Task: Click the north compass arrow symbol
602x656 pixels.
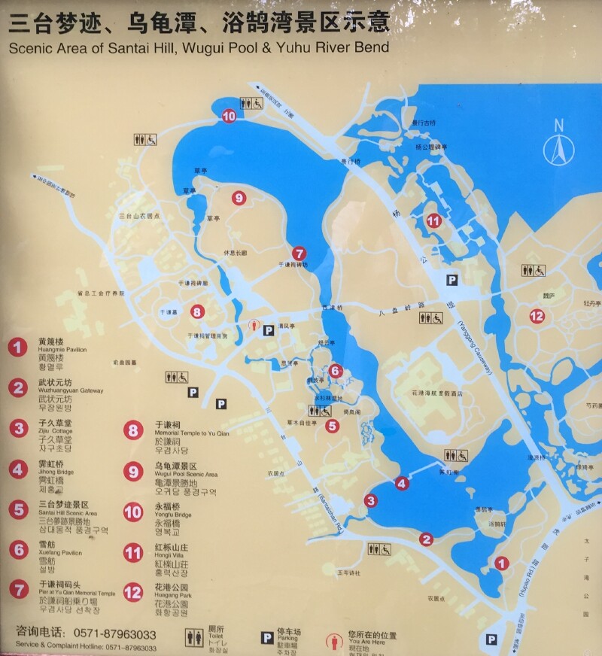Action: tap(558, 147)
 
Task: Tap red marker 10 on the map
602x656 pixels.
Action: tap(229, 116)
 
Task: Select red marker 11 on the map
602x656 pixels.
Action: tap(433, 221)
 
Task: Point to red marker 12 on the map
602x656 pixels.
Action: tap(537, 316)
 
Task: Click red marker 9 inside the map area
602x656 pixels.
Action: tap(239, 198)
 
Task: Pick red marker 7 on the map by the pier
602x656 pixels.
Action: tap(299, 254)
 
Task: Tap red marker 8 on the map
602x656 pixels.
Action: tap(197, 311)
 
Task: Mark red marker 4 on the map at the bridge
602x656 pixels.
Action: tap(401, 484)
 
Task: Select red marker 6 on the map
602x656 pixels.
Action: tap(336, 370)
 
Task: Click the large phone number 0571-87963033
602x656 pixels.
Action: tap(112, 634)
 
